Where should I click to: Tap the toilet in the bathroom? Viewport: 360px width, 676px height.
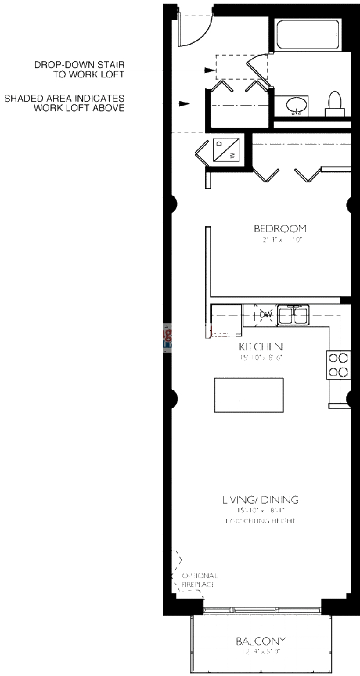coord(334,104)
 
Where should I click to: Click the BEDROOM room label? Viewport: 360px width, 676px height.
coord(280,229)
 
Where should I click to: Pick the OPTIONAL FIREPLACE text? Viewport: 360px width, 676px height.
coord(200,579)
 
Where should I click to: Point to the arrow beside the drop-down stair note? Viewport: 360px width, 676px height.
coord(208,70)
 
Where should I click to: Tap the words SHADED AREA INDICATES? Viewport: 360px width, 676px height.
coord(64,98)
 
